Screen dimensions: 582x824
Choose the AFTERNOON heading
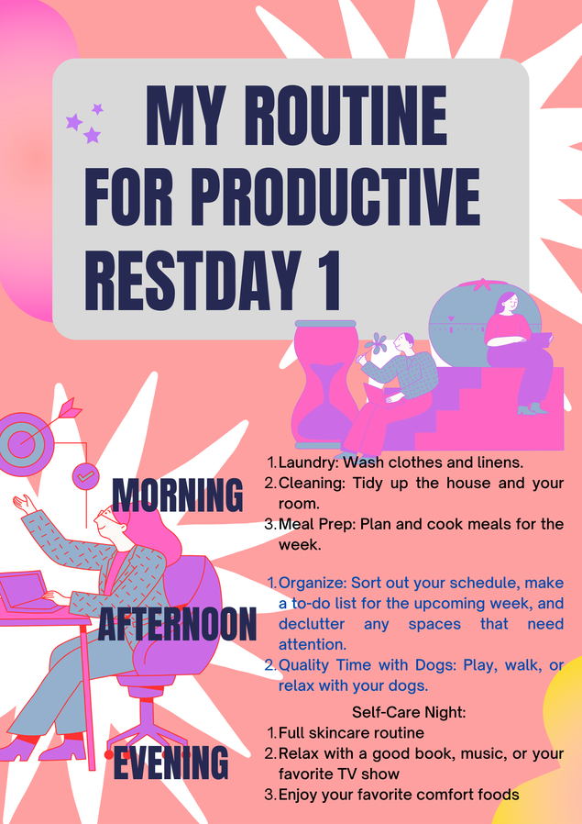[177, 624]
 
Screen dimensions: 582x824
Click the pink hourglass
[325, 384]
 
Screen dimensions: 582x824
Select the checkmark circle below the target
[85, 476]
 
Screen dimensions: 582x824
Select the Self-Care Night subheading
[409, 713]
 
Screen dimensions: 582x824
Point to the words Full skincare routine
[351, 732]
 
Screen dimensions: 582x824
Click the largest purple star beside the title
[74, 122]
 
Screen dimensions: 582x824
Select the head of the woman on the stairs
[508, 303]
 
